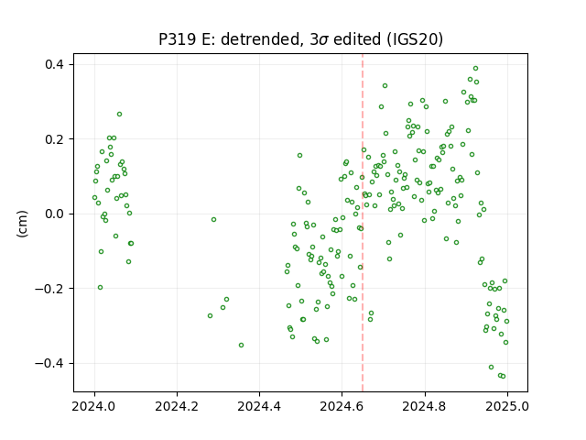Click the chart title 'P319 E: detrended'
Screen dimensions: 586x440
pos(231,39)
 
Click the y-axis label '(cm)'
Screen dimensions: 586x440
pos(22,224)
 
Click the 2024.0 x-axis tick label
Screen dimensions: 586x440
pos(93,406)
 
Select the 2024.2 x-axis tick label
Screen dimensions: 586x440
pos(177,406)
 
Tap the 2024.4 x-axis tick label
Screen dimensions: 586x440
pos(259,406)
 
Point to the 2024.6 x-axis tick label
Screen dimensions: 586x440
pos(342,406)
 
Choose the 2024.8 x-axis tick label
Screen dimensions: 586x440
pos(424,406)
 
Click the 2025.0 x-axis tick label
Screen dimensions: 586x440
pos(507,406)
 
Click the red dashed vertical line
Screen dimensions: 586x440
pos(363,223)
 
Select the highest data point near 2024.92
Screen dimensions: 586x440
pos(476,69)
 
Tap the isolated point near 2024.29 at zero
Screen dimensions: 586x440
pos(213,220)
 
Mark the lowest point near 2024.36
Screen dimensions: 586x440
pos(242,345)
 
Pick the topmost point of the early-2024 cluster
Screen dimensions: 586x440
pos(120,114)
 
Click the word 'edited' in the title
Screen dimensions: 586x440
pos(357,39)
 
